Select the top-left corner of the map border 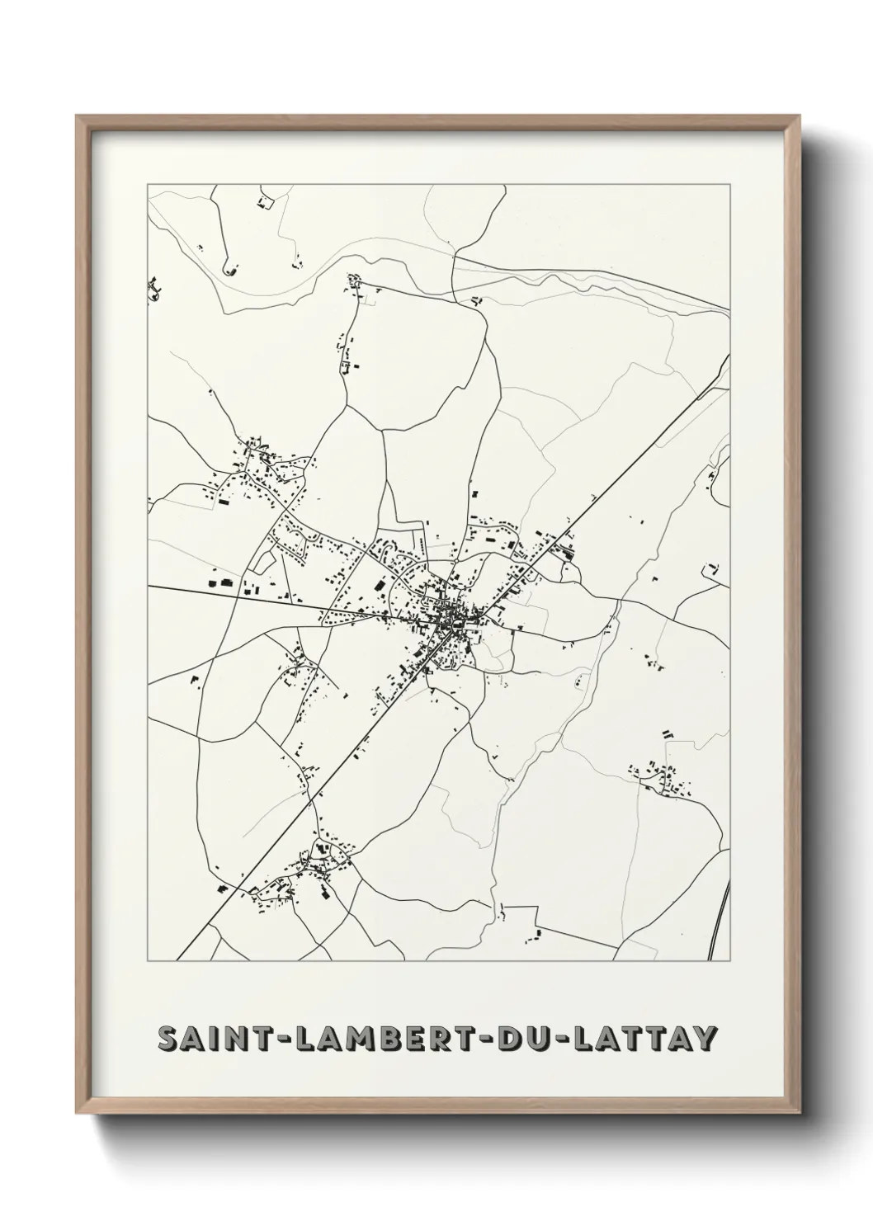coord(148,185)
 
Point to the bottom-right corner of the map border coord(731,961)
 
